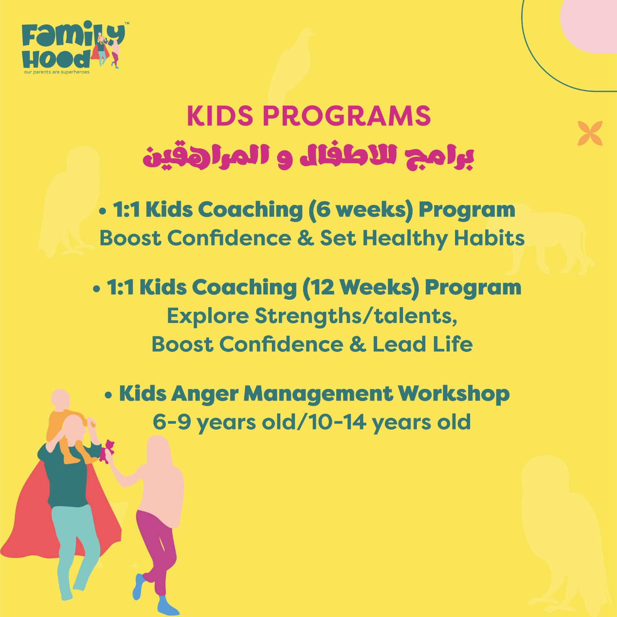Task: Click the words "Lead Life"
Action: [x=422, y=344]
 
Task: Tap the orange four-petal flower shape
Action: [x=590, y=133]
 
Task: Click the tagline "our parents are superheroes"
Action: [x=57, y=72]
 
